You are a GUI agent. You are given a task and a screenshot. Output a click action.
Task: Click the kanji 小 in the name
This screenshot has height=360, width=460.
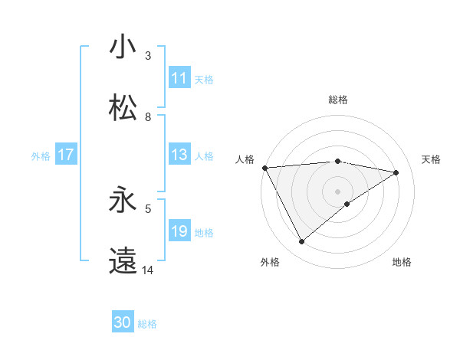tap(123, 47)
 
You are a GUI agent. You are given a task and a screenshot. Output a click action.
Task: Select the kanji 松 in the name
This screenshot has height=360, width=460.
tap(123, 108)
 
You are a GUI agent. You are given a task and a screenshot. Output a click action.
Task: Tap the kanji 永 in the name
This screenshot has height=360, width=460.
tap(123, 201)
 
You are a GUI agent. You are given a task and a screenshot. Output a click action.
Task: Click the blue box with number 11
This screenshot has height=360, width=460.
tap(179, 78)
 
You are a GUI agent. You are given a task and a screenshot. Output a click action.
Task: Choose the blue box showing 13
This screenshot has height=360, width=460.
tap(179, 155)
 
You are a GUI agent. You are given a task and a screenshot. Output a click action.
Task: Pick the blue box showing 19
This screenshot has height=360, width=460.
tap(179, 231)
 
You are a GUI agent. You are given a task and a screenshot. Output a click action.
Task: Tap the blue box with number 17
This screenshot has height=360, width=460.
tap(66, 155)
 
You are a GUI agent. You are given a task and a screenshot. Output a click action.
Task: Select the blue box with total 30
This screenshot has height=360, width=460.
tap(123, 322)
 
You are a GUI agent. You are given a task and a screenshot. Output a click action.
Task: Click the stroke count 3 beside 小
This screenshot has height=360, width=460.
tap(148, 56)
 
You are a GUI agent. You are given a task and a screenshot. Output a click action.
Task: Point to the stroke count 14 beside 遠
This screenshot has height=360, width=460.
tap(148, 270)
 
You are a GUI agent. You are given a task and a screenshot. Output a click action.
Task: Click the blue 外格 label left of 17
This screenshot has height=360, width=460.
tap(41, 155)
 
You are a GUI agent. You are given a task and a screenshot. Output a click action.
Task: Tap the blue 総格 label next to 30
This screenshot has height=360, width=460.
tap(147, 324)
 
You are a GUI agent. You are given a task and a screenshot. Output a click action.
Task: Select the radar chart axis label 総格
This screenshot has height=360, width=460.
tap(338, 100)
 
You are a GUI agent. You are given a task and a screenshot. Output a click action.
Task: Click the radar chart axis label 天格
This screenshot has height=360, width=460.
tap(431, 159)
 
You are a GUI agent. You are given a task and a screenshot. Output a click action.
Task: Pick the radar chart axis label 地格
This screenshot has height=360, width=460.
tap(402, 262)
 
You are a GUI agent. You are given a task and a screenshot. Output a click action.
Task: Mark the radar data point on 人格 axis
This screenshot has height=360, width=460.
tap(264, 167)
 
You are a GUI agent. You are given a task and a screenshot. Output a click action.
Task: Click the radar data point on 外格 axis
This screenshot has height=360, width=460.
tap(301, 242)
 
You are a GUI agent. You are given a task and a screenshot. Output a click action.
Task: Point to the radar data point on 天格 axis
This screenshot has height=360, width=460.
tap(396, 172)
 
